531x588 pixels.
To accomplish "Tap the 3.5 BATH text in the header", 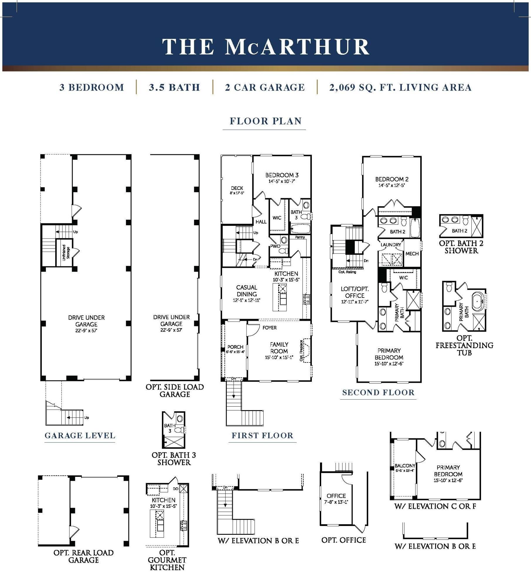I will pyautogui.click(x=174, y=88).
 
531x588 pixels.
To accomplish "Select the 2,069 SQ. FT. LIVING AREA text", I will pyautogui.click(x=400, y=88).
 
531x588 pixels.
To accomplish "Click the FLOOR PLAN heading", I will pyautogui.click(x=265, y=121).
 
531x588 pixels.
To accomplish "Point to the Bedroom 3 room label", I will pyautogui.click(x=282, y=175).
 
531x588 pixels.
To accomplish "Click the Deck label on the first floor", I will pyautogui.click(x=237, y=188).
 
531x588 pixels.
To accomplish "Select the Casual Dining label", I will pyautogui.click(x=247, y=291).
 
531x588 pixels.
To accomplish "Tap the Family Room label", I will pyautogui.click(x=279, y=348).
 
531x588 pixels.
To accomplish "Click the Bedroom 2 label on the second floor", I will pyautogui.click(x=391, y=179).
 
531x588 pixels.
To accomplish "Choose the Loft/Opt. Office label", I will pyautogui.click(x=354, y=292).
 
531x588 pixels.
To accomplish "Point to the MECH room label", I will pyautogui.click(x=412, y=254).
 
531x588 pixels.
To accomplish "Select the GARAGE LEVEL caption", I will pyautogui.click(x=80, y=436).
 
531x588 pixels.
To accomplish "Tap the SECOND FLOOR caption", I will pyautogui.click(x=378, y=392).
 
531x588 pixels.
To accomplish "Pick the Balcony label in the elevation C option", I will pyautogui.click(x=405, y=466).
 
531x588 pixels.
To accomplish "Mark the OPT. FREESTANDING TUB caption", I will pyautogui.click(x=464, y=345).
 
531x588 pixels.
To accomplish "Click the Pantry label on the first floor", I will pyautogui.click(x=300, y=237).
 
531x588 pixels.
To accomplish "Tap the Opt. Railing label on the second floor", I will pyautogui.click(x=347, y=272).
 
